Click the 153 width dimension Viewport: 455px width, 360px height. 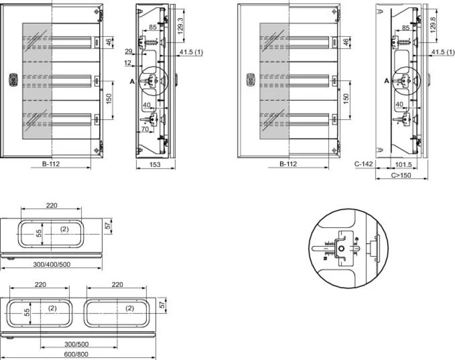(155, 164)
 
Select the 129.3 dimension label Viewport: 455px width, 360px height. (180, 26)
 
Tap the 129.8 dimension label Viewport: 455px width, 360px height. (433, 25)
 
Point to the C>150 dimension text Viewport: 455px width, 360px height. (401, 175)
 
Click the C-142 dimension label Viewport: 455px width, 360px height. (364, 164)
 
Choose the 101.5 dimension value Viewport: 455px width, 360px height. (403, 164)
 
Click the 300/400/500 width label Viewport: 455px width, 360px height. (52, 265)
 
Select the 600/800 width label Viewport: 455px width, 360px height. (77, 354)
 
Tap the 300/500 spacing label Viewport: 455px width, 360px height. (77, 345)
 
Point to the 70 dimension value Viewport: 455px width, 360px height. (145, 129)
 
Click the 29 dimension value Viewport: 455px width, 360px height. (129, 52)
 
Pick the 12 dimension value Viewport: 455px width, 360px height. (127, 62)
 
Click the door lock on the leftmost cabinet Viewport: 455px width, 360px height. (13, 80)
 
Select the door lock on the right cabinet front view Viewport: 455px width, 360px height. (250, 80)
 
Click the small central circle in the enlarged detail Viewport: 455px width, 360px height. (341, 249)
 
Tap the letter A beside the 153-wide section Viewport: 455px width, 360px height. (132, 82)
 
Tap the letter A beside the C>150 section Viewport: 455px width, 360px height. (387, 81)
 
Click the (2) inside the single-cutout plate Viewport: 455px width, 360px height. (65, 229)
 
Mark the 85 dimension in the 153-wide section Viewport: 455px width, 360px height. (153, 27)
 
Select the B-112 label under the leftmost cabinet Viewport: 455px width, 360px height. (51, 164)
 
